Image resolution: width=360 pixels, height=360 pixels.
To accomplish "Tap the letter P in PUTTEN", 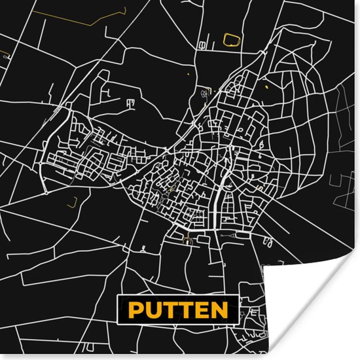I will [x=135, y=310].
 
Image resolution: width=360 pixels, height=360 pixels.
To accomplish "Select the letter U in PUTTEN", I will [x=152, y=310].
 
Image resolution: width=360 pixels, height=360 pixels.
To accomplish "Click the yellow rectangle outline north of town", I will [x=232, y=40].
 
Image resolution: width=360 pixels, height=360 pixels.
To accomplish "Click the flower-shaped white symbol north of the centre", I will [x=205, y=94].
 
